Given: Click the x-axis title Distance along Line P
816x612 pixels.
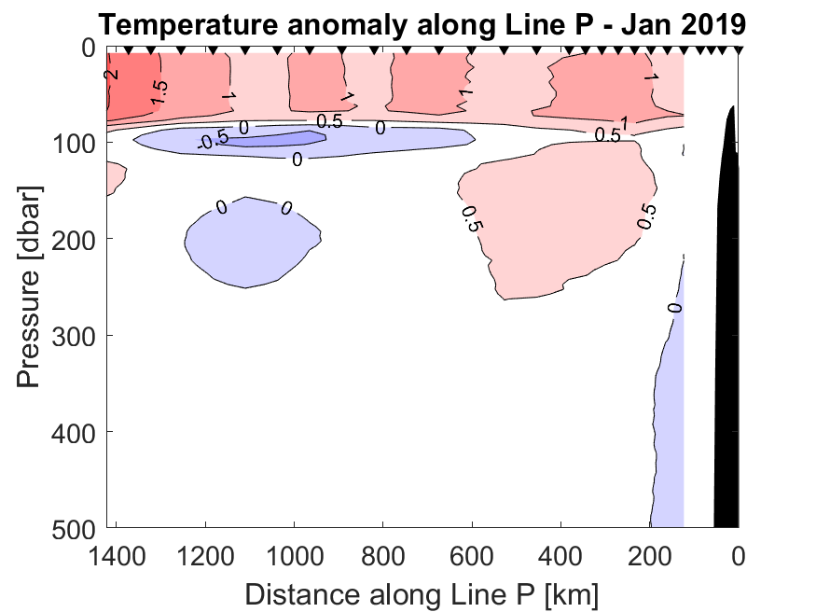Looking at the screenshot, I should tap(422, 594).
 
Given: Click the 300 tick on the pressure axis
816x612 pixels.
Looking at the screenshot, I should tap(76, 335).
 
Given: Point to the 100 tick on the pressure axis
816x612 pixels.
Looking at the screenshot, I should tap(76, 143).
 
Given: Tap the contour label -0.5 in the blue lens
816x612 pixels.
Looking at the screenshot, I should tap(214, 141).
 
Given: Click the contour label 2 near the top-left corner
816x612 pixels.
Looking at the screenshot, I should tap(111, 74).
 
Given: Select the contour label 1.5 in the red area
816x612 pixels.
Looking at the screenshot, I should tap(159, 90).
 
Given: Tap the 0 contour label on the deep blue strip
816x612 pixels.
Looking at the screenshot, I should tap(675, 307).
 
